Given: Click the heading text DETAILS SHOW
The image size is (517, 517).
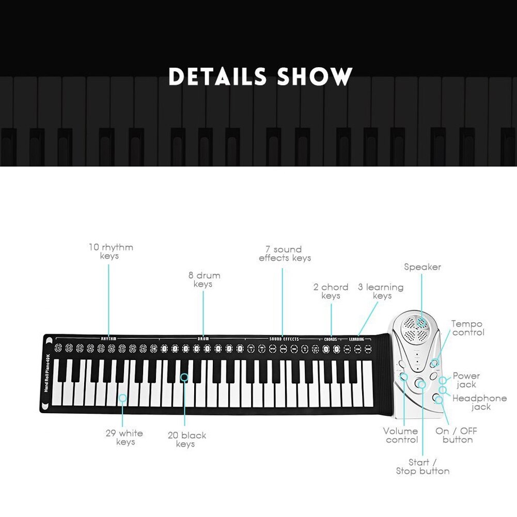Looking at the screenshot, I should [260, 76].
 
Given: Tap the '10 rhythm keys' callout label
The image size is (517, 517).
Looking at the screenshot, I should [110, 251].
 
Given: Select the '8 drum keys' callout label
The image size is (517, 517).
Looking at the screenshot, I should [203, 279].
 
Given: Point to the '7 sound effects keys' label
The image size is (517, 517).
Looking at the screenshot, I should [285, 254].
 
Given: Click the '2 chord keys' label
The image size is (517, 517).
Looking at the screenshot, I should [331, 291].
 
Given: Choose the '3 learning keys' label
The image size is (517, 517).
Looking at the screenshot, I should [381, 291].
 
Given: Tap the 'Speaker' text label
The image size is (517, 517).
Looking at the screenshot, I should [422, 267].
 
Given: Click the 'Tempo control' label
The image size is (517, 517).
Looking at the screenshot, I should [467, 328].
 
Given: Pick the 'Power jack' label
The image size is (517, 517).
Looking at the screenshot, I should [466, 380].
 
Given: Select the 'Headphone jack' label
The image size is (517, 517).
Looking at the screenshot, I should [479, 402].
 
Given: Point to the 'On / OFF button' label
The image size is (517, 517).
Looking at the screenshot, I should [457, 435].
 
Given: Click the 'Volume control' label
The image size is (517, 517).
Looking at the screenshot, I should [401, 435].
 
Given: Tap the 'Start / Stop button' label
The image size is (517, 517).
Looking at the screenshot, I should [422, 466].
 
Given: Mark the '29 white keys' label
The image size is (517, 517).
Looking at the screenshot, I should [124, 437].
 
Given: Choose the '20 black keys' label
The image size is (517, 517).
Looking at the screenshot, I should [186, 440].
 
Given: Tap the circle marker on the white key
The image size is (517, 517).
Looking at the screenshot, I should [122, 398].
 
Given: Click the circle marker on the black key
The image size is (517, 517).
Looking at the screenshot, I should [184, 378].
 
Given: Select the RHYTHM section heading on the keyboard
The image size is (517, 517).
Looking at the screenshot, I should [108, 339].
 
